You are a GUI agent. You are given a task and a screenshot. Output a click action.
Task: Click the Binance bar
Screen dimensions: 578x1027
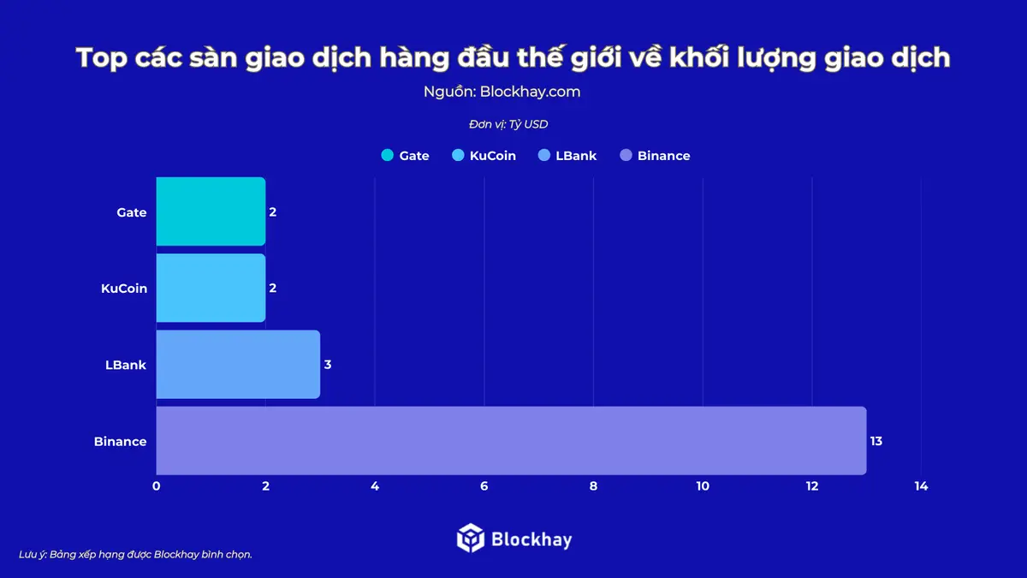511,441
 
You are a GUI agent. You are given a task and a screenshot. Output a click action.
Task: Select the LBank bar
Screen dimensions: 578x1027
238,365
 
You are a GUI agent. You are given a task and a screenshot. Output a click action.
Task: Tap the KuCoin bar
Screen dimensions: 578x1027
211,289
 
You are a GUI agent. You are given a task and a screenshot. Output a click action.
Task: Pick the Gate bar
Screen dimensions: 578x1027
211,212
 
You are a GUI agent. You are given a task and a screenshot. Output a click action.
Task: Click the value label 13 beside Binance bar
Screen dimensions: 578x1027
876,442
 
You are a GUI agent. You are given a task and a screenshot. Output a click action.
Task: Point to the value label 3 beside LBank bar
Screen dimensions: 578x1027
328,365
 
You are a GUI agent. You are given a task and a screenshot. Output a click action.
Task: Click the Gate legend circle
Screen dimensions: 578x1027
387,156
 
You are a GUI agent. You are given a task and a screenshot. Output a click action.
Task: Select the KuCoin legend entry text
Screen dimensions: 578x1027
493,156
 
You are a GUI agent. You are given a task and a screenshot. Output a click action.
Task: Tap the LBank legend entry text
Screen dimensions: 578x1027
576,156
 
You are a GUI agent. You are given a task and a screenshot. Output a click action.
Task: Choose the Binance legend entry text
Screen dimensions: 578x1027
663,156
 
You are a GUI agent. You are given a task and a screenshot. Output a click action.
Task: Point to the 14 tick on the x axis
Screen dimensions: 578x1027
921,486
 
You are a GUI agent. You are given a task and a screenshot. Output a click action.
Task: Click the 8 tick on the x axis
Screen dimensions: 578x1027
593,486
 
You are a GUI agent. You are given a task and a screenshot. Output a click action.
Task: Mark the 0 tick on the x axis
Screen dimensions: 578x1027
156,486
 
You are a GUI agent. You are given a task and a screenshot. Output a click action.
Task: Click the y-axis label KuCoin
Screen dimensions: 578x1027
124,289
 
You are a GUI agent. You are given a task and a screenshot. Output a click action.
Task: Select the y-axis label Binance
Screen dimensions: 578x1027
121,442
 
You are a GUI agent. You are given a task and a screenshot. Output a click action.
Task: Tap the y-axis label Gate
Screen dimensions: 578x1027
132,212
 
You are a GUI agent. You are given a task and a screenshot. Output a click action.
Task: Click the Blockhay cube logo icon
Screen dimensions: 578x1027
471,539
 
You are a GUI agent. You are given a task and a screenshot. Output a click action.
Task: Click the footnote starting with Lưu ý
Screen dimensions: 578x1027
135,554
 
